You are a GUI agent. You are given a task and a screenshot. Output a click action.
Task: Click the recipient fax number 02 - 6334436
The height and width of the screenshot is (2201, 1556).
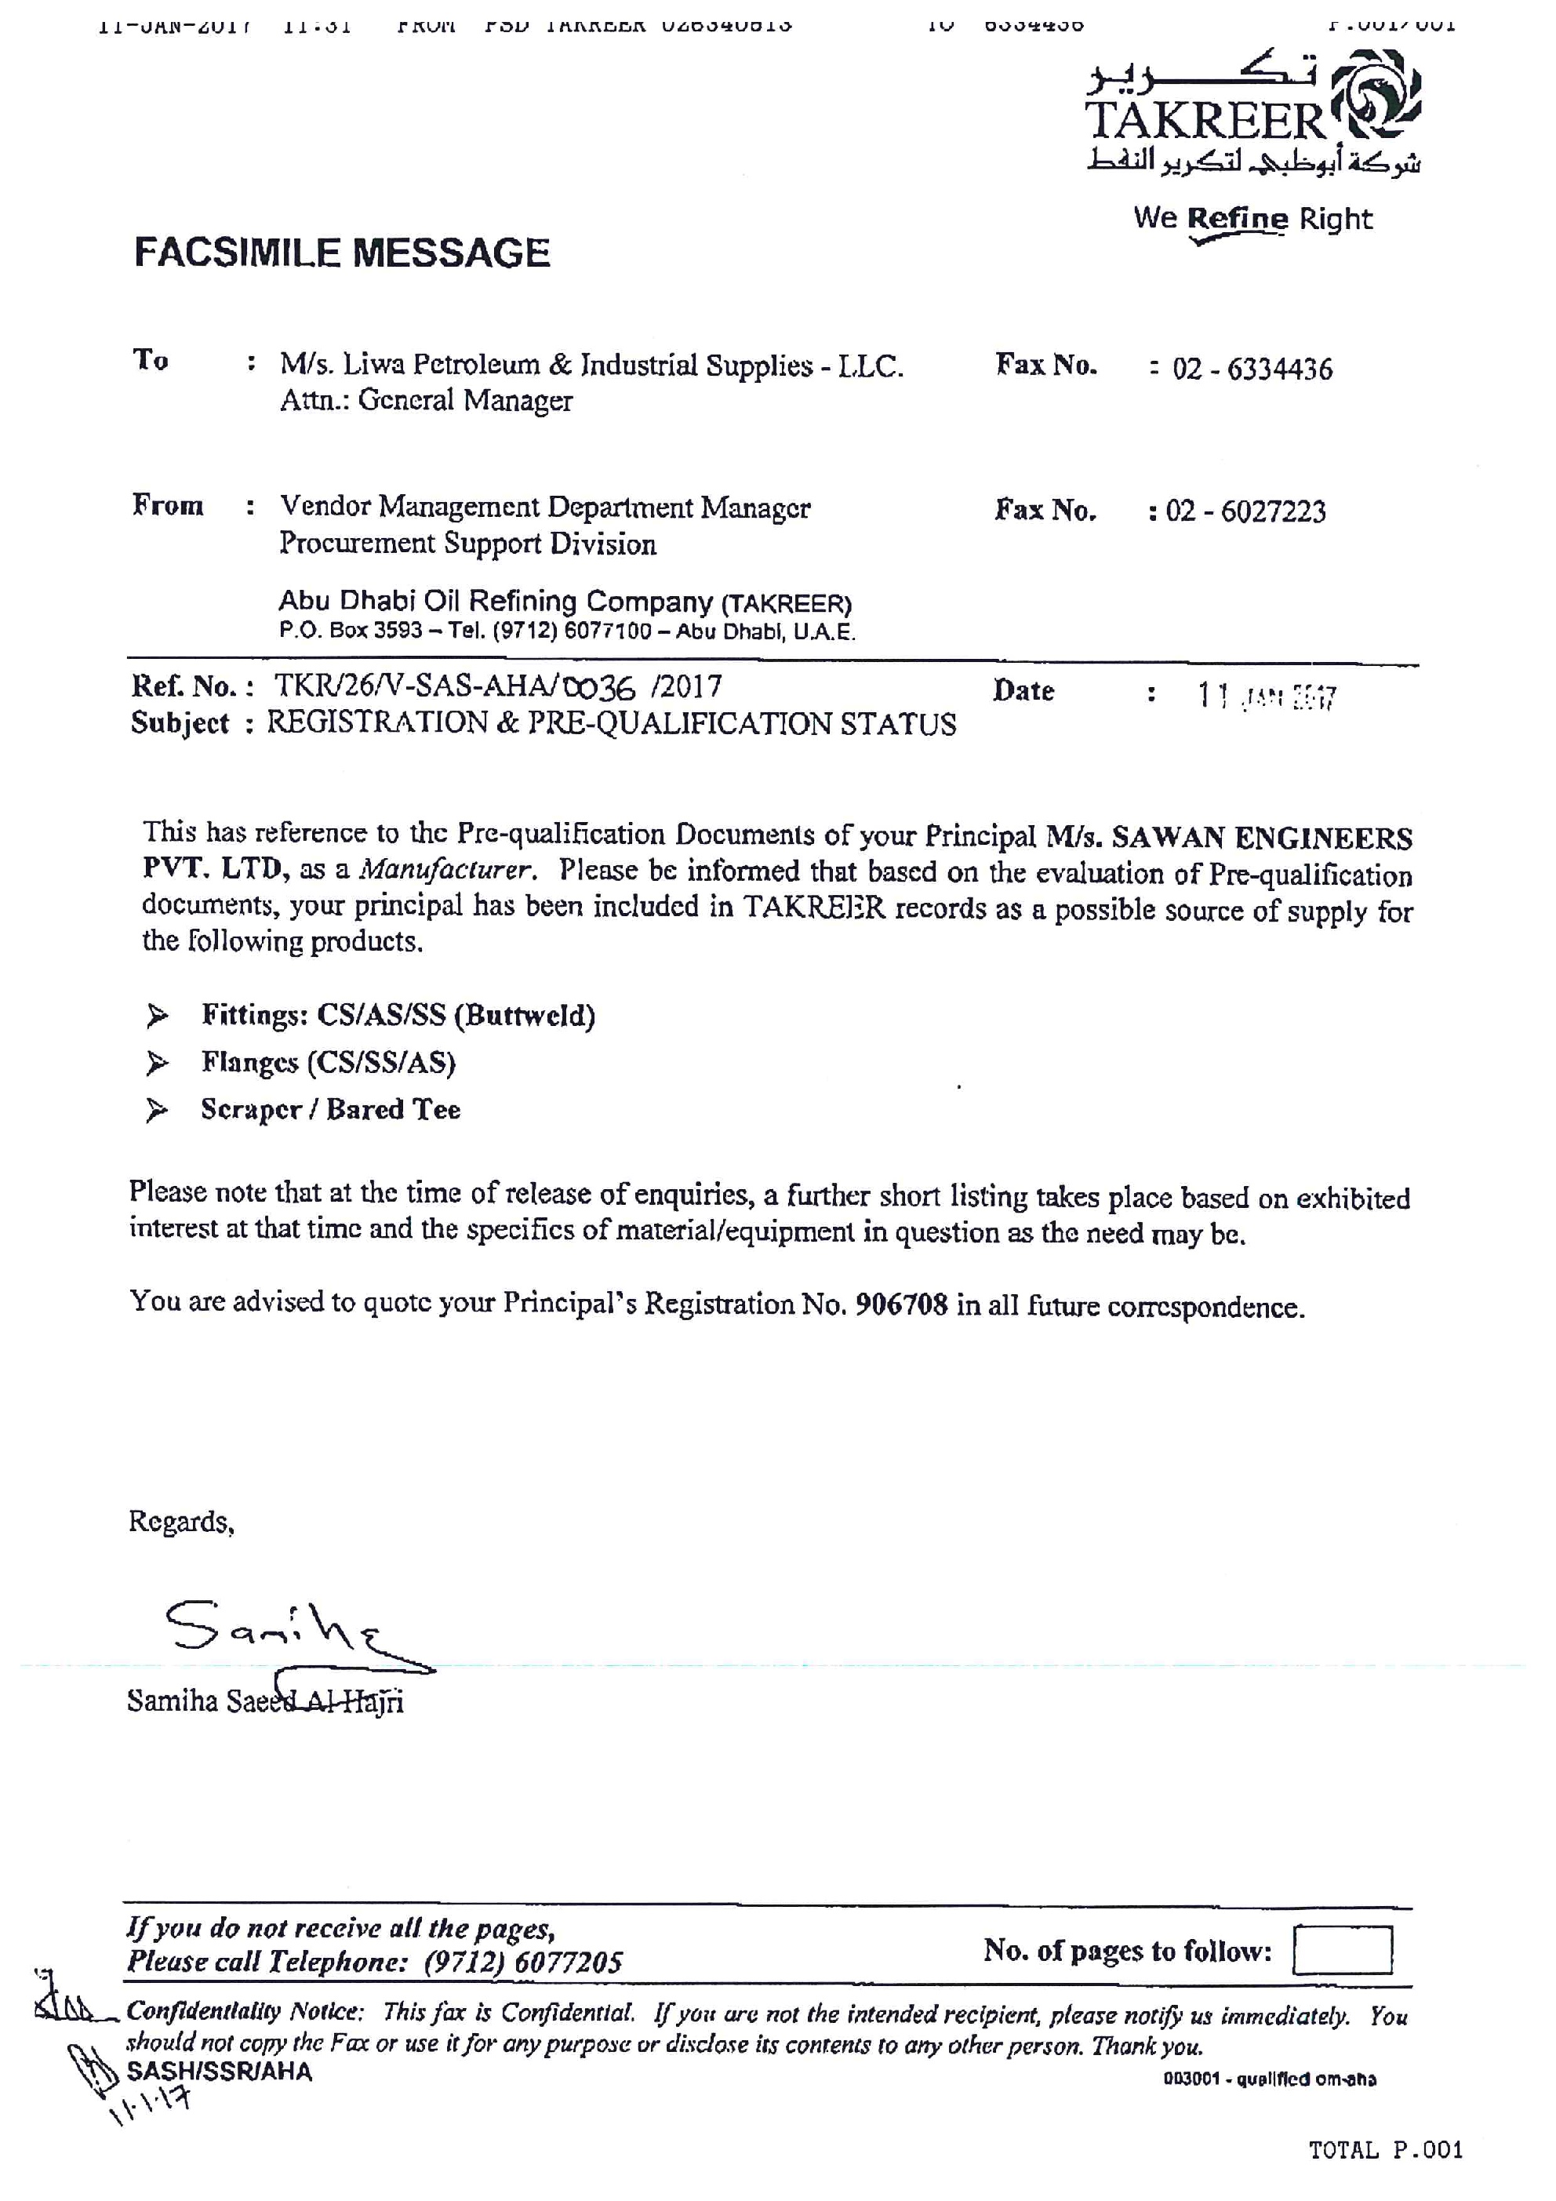(1251, 369)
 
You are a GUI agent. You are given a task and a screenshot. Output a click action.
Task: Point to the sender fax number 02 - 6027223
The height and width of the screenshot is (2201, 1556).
(1245, 511)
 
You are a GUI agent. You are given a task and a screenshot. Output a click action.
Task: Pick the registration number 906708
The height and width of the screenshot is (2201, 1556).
(901, 1304)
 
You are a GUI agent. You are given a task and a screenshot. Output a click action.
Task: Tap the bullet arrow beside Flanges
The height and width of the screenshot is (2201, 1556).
(156, 1062)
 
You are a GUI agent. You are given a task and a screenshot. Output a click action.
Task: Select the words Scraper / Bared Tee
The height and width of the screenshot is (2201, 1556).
(331, 1109)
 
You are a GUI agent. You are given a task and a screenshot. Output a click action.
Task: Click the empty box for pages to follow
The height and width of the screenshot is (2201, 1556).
(1341, 1950)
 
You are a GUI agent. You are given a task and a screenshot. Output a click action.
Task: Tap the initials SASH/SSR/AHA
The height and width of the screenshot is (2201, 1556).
(220, 2072)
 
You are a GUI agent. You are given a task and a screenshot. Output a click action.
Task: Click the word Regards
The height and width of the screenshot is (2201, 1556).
(181, 1522)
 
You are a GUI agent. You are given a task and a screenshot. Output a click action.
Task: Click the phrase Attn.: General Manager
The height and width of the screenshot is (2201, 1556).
(426, 400)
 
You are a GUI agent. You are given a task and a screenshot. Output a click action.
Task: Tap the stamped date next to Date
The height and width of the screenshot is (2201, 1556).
(1266, 696)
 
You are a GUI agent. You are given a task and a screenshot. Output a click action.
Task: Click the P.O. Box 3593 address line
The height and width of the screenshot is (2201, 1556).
(566, 631)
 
